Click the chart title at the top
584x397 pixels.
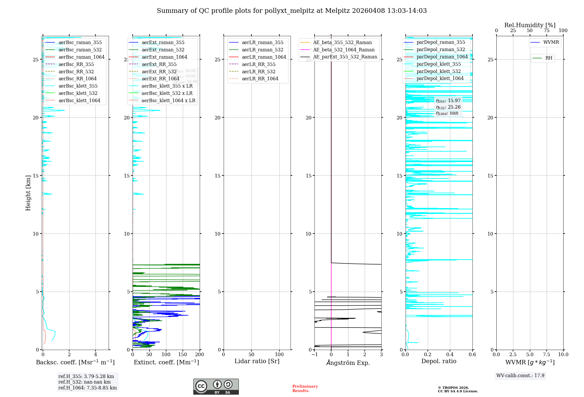[x=292, y=11]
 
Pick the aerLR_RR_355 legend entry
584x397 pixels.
[x=258, y=64]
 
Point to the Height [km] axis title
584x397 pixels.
[x=28, y=193]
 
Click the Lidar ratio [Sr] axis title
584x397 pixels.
[x=257, y=361]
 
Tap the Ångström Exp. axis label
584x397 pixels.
[x=348, y=363]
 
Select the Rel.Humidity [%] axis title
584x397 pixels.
[x=530, y=25]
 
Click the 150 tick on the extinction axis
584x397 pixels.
[x=183, y=354]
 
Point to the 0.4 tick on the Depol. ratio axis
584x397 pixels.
[x=450, y=354]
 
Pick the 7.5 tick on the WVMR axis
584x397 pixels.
[x=547, y=354]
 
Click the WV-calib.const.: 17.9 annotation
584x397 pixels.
[x=520, y=375]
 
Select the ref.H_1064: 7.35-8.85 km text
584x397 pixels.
[x=88, y=388]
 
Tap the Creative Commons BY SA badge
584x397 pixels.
[x=216, y=386]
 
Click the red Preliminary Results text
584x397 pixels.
[x=305, y=388]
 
